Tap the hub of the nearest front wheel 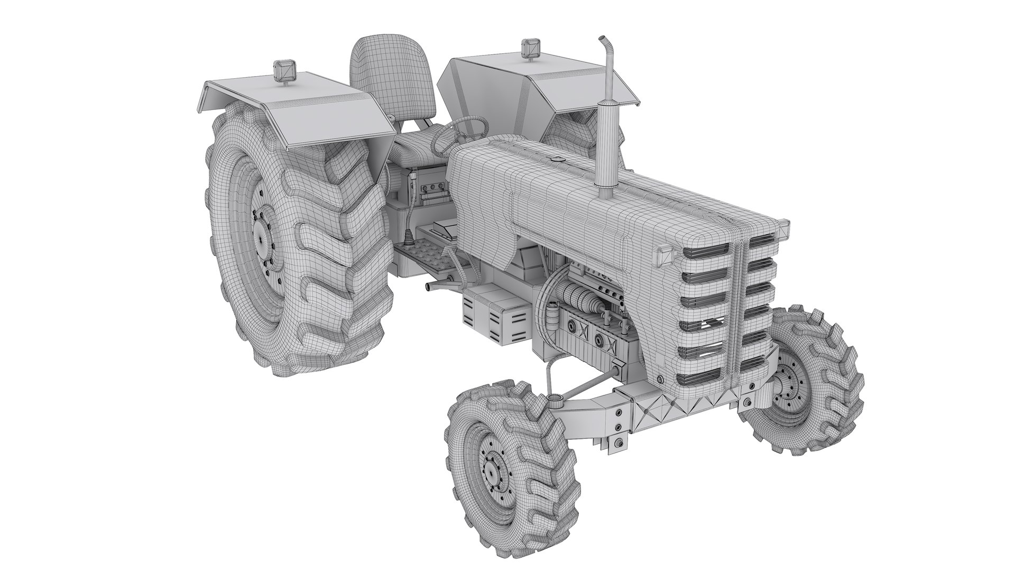tap(492, 466)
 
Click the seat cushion tap(418, 149)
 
